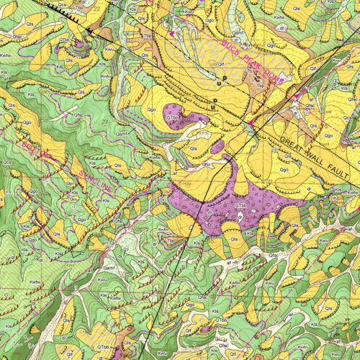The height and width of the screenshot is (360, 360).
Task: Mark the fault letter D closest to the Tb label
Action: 225,73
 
